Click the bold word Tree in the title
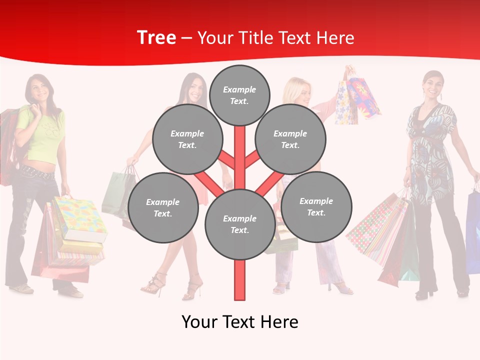(x=156, y=38)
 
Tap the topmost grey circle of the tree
(x=239, y=95)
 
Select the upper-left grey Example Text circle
(x=187, y=139)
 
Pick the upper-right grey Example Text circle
(x=290, y=139)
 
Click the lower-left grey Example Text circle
(x=163, y=207)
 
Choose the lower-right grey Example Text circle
(x=316, y=206)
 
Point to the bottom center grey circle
(x=239, y=224)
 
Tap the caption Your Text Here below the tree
(x=239, y=322)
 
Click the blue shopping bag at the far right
(x=473, y=230)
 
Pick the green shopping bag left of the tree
(x=117, y=192)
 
